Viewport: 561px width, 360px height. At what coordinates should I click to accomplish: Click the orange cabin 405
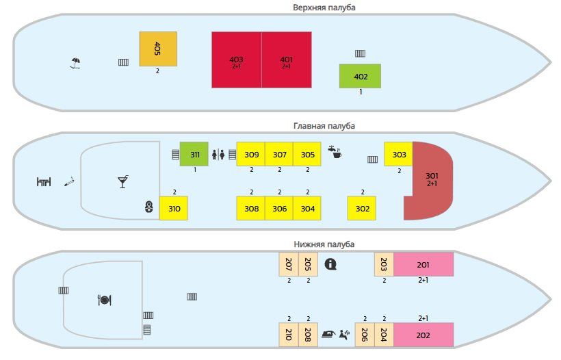coord(158,49)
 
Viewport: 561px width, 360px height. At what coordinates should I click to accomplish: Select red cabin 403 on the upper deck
coord(237,60)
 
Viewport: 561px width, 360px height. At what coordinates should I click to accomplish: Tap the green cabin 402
coord(360,76)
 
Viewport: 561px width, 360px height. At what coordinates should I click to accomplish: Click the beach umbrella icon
coord(75,63)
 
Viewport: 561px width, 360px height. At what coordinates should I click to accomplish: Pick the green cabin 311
coord(194,154)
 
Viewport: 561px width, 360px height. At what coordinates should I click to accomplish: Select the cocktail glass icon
coord(122,181)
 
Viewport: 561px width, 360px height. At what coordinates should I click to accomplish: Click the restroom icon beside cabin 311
coord(218,155)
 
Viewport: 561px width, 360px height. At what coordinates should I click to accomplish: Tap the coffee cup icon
coord(335,152)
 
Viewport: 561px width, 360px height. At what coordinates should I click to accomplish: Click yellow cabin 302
coord(362,208)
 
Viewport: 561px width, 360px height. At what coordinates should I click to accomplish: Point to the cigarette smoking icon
coord(69,181)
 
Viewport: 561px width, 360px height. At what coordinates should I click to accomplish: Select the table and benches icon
coord(44,182)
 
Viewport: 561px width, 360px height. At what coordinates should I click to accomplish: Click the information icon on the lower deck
coord(330,264)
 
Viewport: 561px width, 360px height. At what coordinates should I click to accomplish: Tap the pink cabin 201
coord(423,264)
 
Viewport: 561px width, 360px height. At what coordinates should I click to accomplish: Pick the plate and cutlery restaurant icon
coord(105,300)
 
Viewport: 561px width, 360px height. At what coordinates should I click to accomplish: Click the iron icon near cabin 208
coord(328,334)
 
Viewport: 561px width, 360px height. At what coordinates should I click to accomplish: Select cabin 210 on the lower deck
coord(289,335)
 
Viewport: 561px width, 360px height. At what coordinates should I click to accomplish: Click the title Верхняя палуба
coord(324,8)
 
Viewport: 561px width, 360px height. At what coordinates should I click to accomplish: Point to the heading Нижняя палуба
coord(324,244)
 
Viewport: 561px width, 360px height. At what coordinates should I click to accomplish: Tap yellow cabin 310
coord(174,208)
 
